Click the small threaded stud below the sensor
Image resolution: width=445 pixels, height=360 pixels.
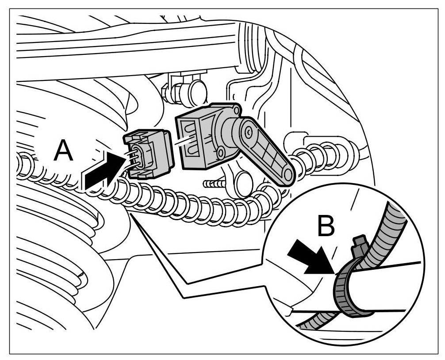(212, 182)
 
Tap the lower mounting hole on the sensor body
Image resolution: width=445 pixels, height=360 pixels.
(220, 153)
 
